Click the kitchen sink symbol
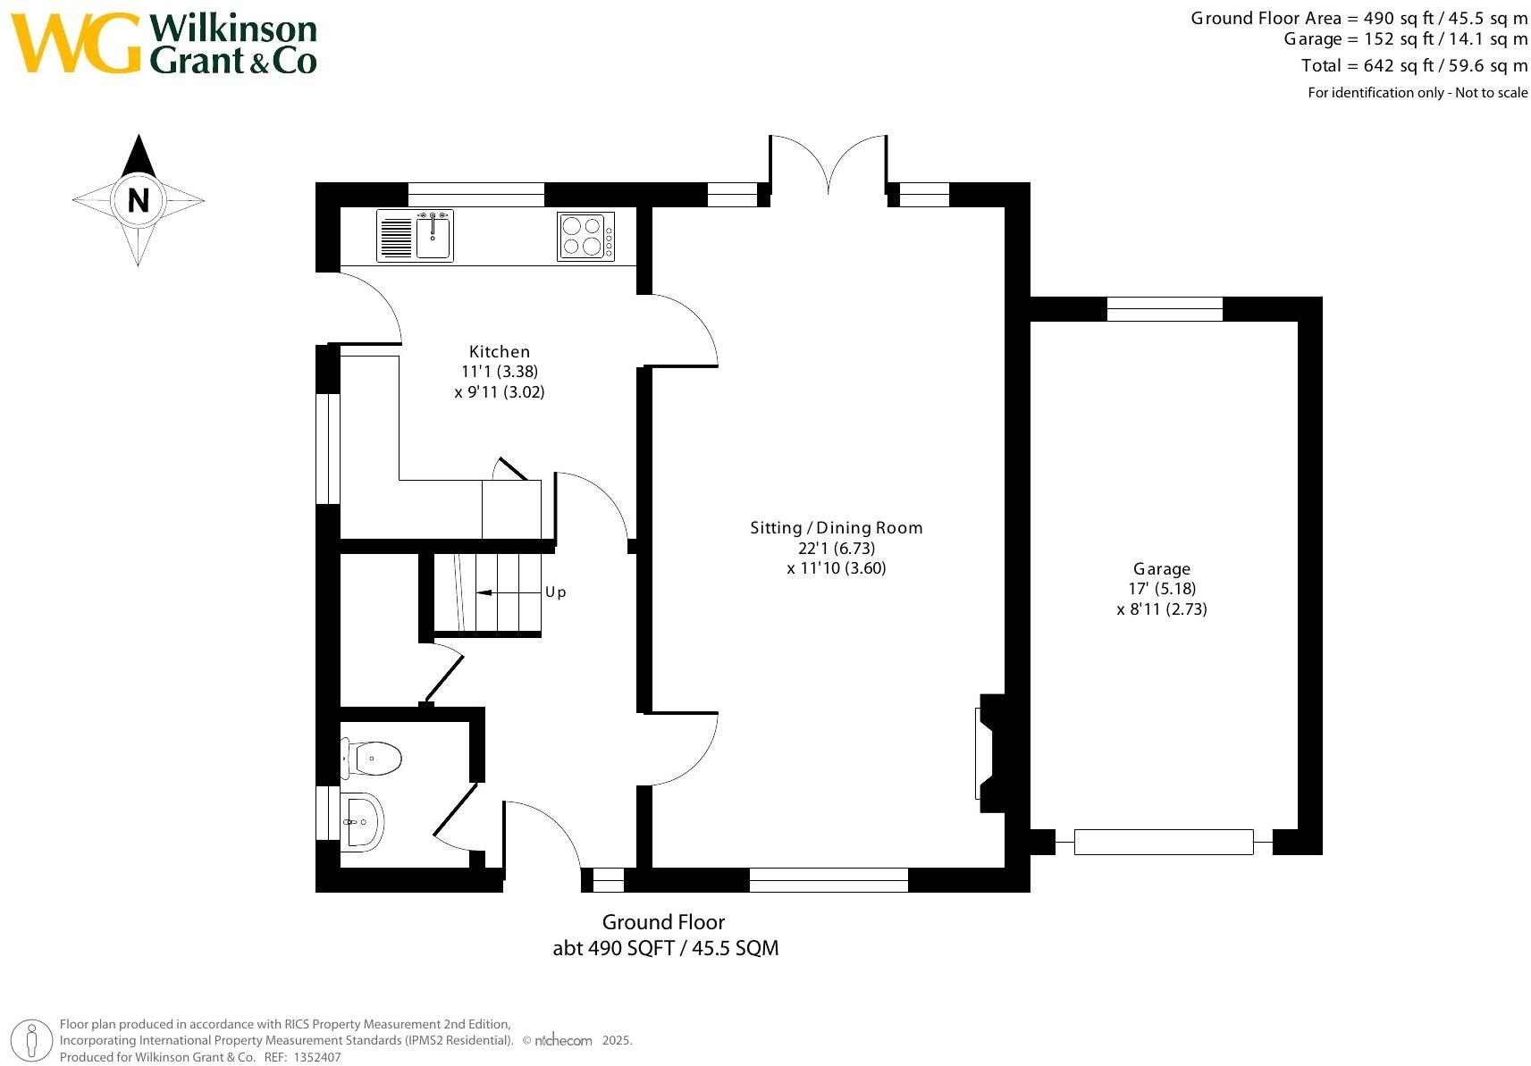click(x=433, y=235)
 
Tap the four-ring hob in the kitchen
click(x=585, y=236)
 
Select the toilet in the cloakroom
click(x=374, y=759)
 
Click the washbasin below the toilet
click(x=363, y=822)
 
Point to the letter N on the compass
click(x=138, y=200)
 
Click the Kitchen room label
click(x=500, y=351)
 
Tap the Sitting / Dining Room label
click(x=836, y=527)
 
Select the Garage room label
click(x=1161, y=568)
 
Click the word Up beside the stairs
click(x=555, y=592)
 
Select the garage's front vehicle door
click(x=1163, y=842)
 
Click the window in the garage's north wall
click(x=1164, y=308)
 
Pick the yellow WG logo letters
click(x=75, y=43)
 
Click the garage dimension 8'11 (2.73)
click(x=1161, y=609)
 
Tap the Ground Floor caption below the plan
click(x=663, y=921)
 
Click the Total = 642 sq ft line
click(x=1414, y=65)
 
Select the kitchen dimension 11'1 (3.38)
click(x=500, y=372)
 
